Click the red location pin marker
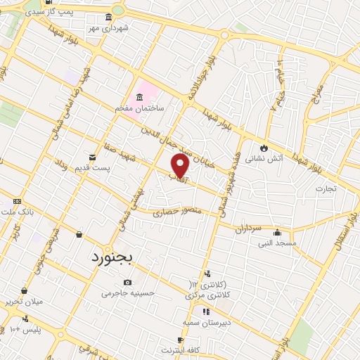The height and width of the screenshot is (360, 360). [x=180, y=166]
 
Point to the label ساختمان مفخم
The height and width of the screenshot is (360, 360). [x=140, y=109]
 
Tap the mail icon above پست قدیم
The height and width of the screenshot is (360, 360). [x=92, y=157]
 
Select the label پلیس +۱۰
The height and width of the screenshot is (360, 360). [x=27, y=329]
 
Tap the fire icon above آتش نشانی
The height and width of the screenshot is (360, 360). [x=264, y=148]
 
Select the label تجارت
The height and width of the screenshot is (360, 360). [x=326, y=188]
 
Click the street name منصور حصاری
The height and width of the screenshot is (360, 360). [x=179, y=211]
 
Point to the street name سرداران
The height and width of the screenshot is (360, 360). [x=248, y=229]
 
